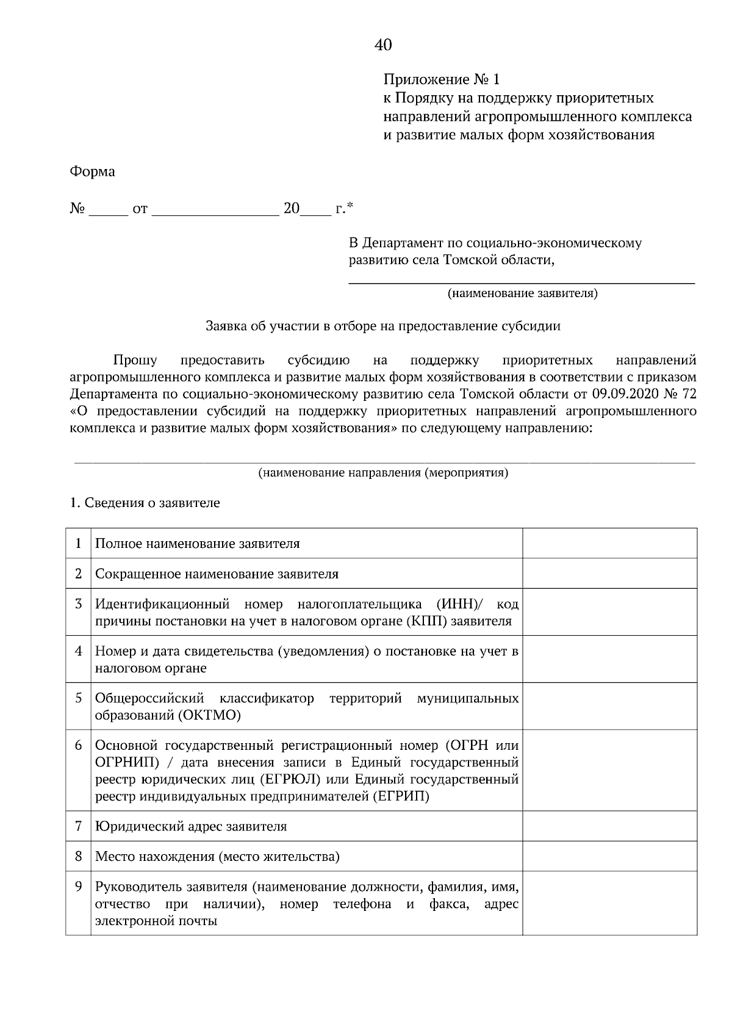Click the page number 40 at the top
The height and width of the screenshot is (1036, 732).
(383, 45)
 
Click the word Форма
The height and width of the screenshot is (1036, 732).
(93, 172)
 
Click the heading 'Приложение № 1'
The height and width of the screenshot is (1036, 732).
(441, 79)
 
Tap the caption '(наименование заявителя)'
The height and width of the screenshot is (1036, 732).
(522, 293)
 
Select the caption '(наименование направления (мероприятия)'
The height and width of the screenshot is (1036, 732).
(383, 472)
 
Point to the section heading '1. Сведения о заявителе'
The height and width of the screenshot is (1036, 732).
(145, 503)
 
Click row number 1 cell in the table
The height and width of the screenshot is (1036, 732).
(78, 543)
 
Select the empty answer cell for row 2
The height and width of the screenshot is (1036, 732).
(609, 574)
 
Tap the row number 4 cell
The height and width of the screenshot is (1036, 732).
(78, 651)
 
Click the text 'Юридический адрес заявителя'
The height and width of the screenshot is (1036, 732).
(191, 826)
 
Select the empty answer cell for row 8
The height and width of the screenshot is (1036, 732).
(609, 856)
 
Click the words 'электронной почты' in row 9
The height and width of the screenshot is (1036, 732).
(156, 921)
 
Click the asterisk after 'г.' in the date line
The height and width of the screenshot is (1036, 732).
(350, 206)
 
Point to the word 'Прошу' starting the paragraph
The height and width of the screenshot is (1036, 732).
(135, 360)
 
